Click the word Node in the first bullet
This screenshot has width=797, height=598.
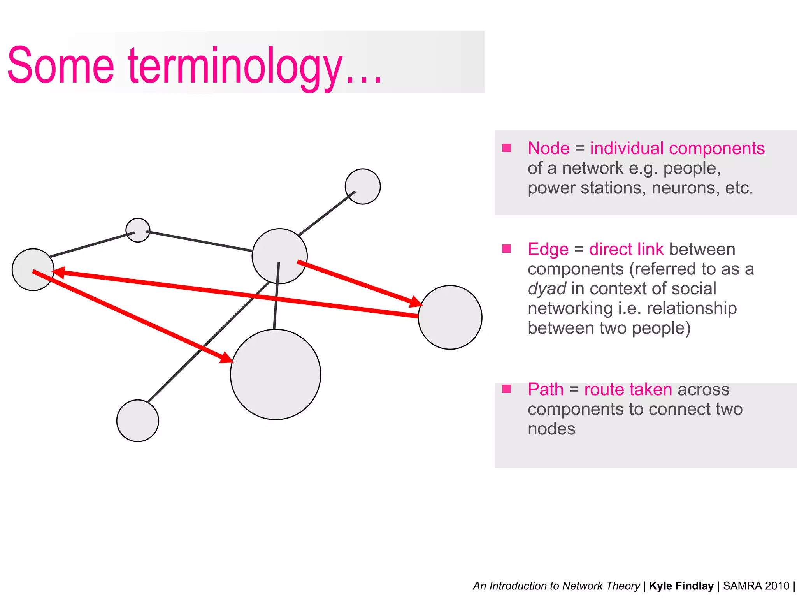[x=548, y=148]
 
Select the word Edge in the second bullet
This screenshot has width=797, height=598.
[x=548, y=249]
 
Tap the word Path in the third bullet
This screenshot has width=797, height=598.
[x=545, y=389]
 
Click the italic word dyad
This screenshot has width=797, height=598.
[x=547, y=289]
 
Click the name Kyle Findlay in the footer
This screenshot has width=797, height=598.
[x=681, y=586]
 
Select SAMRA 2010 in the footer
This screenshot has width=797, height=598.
[x=756, y=586]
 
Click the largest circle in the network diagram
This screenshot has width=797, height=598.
[x=276, y=375]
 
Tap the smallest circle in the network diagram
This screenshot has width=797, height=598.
[x=138, y=230]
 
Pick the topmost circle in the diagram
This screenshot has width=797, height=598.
[x=363, y=186]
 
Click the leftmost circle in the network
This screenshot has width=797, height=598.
[x=33, y=269]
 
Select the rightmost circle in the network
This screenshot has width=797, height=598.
[x=450, y=317]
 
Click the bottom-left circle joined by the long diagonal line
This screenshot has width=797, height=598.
[x=137, y=420]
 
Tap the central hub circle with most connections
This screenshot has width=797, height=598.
[x=279, y=256]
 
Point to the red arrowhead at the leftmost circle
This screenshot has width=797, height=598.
[x=58, y=272]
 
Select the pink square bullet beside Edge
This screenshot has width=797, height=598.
[x=506, y=249]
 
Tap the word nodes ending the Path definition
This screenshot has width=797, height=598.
[x=551, y=429]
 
